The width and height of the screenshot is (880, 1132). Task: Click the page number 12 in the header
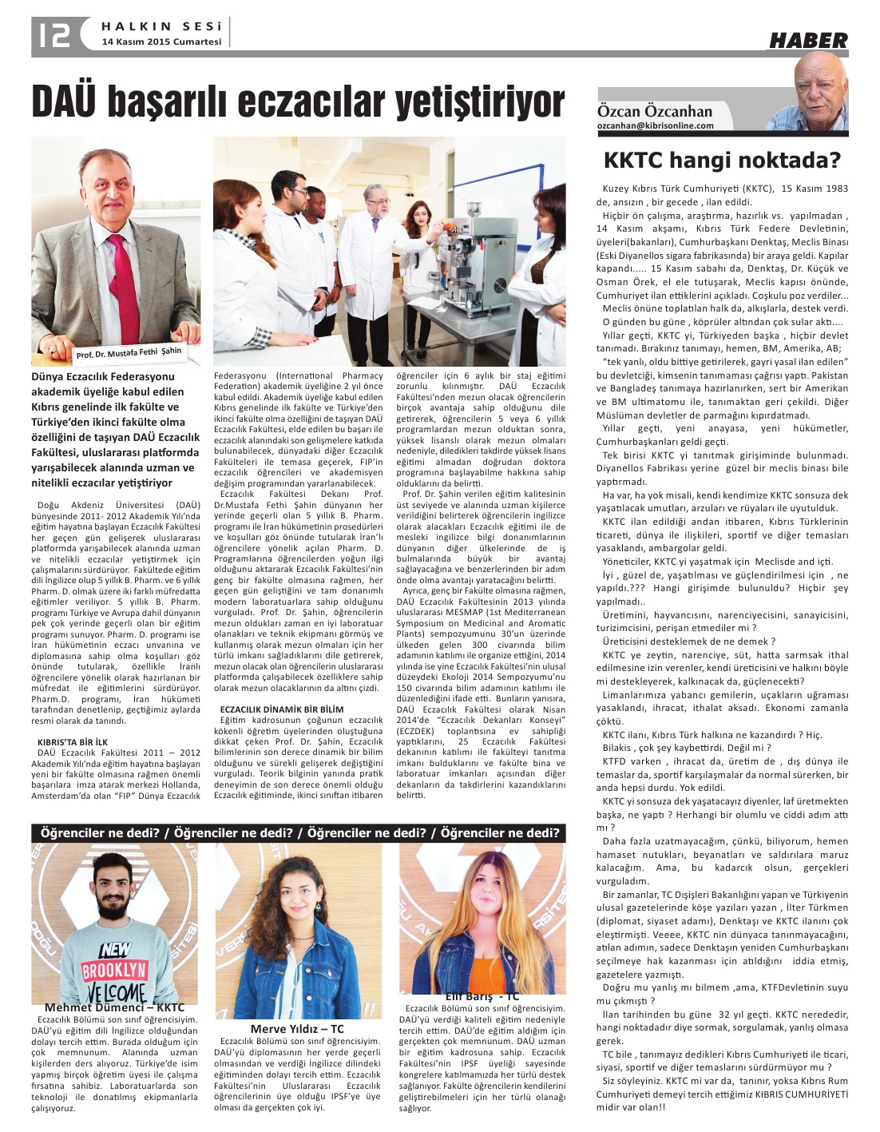click(52, 34)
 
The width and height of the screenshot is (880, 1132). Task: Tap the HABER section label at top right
click(808, 40)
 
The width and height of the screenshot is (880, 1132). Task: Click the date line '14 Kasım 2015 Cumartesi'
click(161, 42)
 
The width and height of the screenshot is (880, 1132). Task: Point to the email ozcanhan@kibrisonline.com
click(655, 125)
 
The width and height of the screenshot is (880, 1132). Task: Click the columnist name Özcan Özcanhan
click(654, 111)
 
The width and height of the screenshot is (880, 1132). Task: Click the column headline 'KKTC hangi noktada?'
click(722, 161)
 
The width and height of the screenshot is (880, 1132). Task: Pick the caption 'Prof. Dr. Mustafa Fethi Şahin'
click(129, 352)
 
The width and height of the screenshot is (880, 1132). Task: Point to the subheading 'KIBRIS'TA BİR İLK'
click(73, 741)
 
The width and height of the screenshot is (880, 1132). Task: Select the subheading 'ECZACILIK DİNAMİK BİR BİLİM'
click(282, 709)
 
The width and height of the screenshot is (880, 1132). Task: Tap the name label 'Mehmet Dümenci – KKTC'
click(114, 1007)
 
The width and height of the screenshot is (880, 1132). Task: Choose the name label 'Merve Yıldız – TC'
click(297, 1029)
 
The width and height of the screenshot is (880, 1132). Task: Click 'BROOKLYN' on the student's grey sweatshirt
click(113, 971)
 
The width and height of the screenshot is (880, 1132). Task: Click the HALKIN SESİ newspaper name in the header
click(161, 26)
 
